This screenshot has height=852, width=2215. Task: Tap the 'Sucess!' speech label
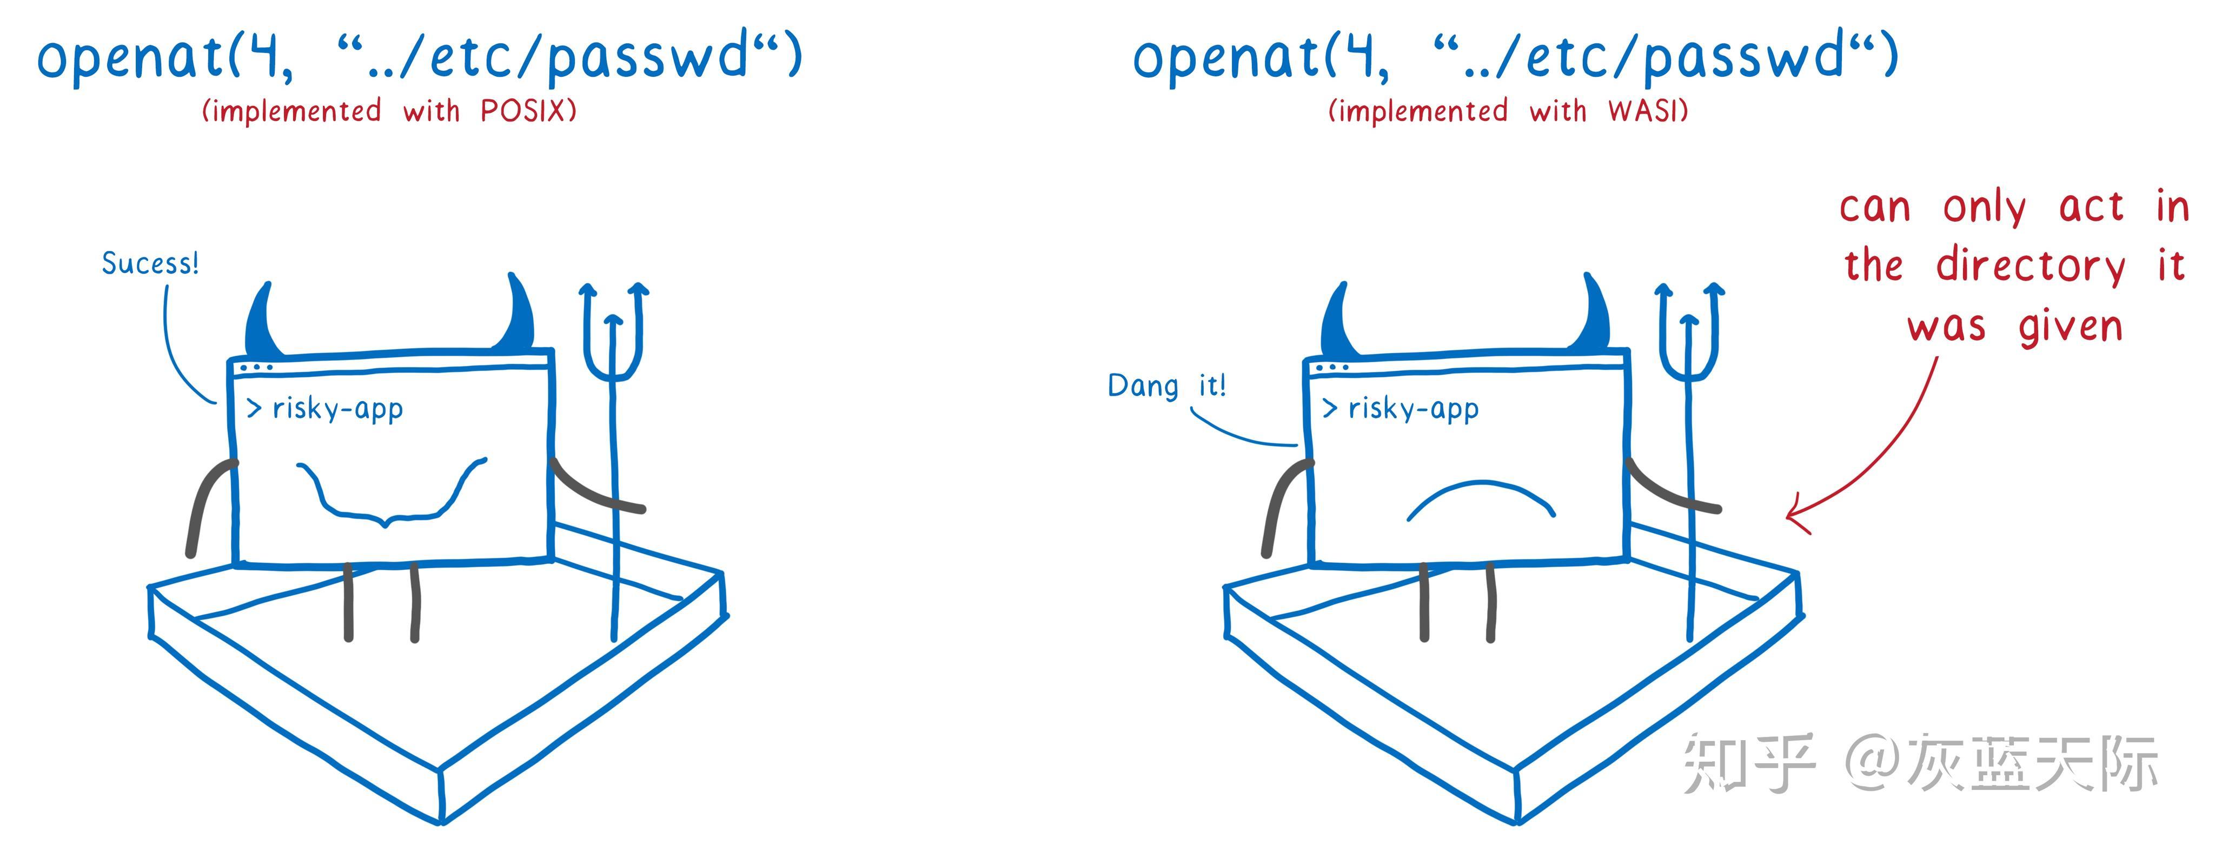point(150,263)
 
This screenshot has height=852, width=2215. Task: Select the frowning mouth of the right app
point(1481,501)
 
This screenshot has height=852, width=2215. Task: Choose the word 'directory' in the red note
point(2030,267)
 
